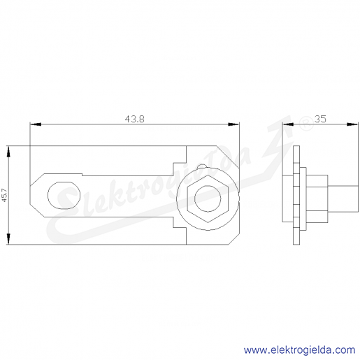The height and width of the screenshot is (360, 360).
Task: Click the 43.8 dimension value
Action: pos(134,119)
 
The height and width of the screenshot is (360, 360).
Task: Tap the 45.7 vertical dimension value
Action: pos(5,195)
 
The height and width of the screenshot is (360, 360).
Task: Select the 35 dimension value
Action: pos(320,119)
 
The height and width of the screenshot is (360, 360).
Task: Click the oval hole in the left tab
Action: pos(64,196)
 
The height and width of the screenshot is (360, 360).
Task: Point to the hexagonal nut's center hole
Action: pos(208,199)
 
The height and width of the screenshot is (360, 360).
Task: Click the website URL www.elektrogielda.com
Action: pos(299,350)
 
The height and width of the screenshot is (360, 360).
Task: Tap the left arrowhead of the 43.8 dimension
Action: pos(36,124)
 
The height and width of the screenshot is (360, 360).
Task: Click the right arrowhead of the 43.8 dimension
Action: pos(233,124)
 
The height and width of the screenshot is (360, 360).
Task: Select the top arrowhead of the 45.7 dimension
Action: pos(8,152)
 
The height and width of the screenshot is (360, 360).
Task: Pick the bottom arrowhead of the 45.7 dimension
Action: pos(8,239)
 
